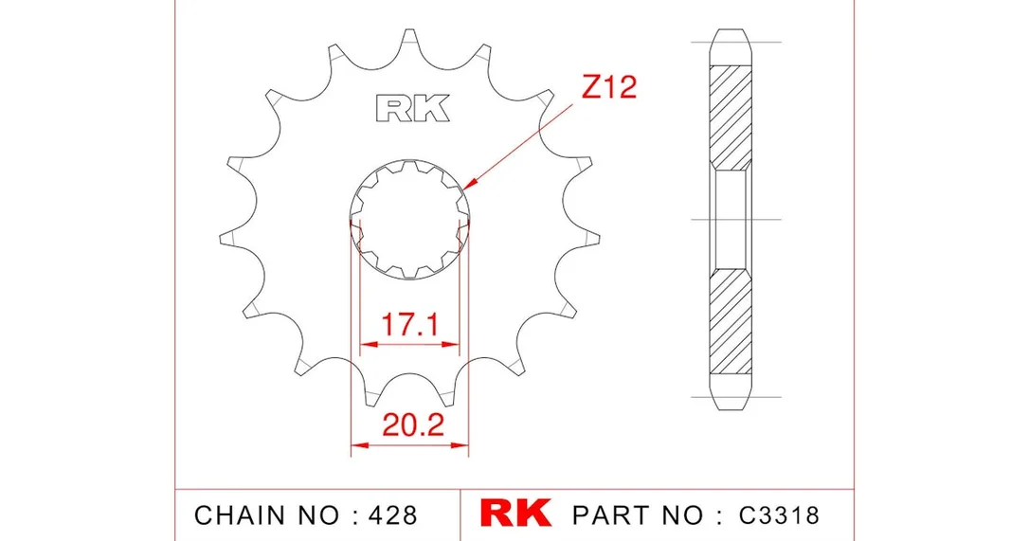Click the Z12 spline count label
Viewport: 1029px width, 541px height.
[x=609, y=87]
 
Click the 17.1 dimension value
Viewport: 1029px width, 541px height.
[x=409, y=324]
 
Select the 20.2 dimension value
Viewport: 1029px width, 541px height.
[x=413, y=425]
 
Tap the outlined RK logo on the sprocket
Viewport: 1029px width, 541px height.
[x=413, y=108]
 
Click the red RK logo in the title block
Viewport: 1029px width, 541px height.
[x=515, y=514]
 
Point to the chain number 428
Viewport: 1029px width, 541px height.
[x=392, y=515]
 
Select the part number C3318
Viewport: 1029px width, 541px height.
[x=779, y=515]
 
